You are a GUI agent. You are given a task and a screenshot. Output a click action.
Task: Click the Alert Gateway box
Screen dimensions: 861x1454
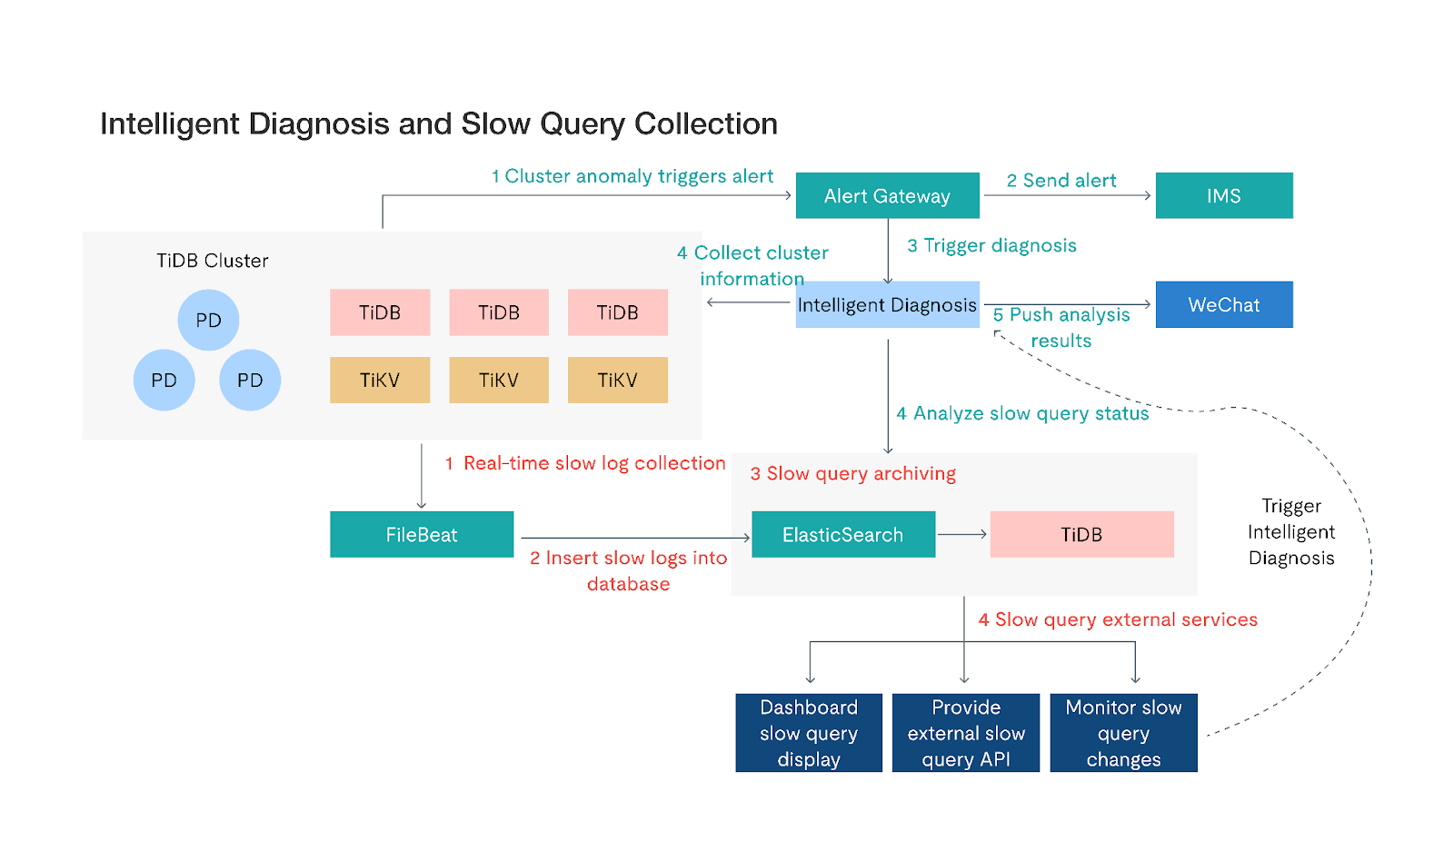pyautogui.click(x=887, y=195)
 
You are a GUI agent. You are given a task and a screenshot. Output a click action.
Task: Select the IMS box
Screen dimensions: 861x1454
pyautogui.click(x=1223, y=195)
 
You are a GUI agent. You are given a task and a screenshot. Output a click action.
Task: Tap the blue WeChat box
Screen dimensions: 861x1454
pyautogui.click(x=1223, y=304)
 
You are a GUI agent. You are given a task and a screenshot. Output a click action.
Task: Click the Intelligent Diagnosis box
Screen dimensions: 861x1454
pyautogui.click(x=887, y=304)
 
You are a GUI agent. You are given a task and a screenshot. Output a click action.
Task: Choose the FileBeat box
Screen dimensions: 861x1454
pyautogui.click(x=422, y=534)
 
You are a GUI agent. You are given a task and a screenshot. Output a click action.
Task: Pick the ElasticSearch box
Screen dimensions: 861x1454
pyautogui.click(x=842, y=534)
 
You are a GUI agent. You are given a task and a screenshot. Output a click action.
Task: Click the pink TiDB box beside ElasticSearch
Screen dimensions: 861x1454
pyautogui.click(x=1081, y=534)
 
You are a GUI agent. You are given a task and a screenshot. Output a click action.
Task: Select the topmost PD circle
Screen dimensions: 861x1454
pyautogui.click(x=208, y=320)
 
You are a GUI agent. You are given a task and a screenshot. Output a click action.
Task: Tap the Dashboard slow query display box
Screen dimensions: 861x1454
pyautogui.click(x=809, y=733)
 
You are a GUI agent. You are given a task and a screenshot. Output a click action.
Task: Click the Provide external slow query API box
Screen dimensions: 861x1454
pyautogui.click(x=966, y=733)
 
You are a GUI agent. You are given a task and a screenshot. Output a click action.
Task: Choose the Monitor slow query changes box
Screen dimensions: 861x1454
pyautogui.click(x=1123, y=733)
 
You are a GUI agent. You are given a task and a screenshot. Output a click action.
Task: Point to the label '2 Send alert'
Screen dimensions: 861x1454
pyautogui.click(x=1061, y=181)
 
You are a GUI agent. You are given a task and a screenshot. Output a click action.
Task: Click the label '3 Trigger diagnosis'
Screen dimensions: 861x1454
pyautogui.click(x=991, y=245)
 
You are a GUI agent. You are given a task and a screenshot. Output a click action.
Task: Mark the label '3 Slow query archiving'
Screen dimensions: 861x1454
pyautogui.click(x=852, y=473)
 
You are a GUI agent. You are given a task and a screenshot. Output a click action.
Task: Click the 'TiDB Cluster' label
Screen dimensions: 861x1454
pyautogui.click(x=213, y=261)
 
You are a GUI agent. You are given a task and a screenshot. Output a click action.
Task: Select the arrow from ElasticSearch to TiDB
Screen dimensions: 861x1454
pyautogui.click(x=962, y=534)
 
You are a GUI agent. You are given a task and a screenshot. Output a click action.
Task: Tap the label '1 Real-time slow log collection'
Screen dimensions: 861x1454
pyautogui.click(x=585, y=463)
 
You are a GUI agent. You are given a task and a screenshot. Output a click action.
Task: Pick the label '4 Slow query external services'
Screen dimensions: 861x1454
pyautogui.click(x=1118, y=619)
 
